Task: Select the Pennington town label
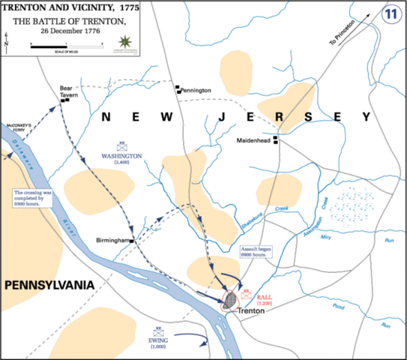click(x=196, y=90)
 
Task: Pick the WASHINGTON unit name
click(x=121, y=156)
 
